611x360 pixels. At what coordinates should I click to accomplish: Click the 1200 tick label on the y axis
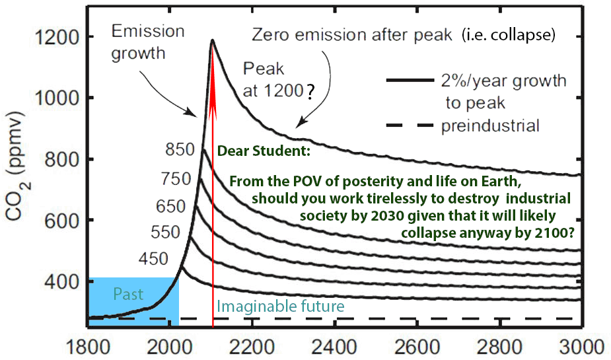[60, 38]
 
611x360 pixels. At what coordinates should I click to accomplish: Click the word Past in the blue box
[128, 294]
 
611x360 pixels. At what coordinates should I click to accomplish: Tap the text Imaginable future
[281, 306]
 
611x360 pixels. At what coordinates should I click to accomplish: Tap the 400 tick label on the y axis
[64, 282]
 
